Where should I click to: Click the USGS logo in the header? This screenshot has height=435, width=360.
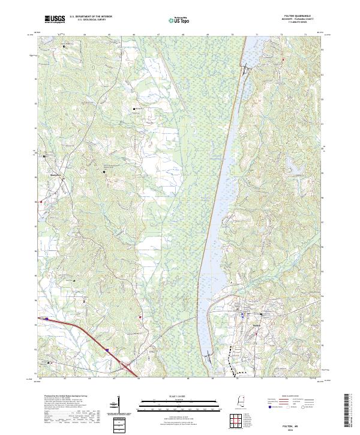55,19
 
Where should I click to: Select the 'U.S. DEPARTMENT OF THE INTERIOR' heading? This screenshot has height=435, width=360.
91,17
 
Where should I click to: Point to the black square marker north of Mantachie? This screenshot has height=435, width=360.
44,157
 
